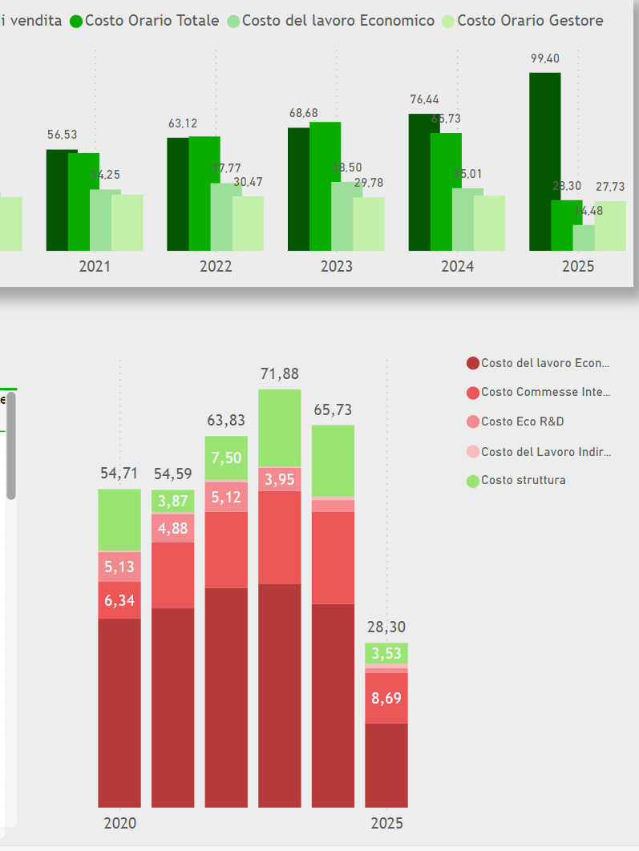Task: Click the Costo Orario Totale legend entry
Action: [x=144, y=21]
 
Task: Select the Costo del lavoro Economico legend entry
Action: [x=331, y=21]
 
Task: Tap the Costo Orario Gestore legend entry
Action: [x=522, y=21]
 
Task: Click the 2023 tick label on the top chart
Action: [x=336, y=266]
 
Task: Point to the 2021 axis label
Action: [x=95, y=266]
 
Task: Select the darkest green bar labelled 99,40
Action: [x=544, y=160]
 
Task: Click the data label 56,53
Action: [x=62, y=135]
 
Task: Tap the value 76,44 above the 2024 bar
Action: [x=424, y=99]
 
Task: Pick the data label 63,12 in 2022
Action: [x=182, y=123]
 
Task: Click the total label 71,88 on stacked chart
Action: [x=279, y=373]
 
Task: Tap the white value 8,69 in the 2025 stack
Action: [x=386, y=698]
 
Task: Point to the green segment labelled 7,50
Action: [x=226, y=458]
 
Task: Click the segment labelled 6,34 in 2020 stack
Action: [x=119, y=600]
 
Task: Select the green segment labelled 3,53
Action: [x=386, y=653]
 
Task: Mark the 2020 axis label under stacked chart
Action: [x=120, y=824]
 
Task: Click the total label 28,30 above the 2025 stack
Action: [x=386, y=627]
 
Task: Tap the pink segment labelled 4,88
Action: [x=172, y=528]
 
